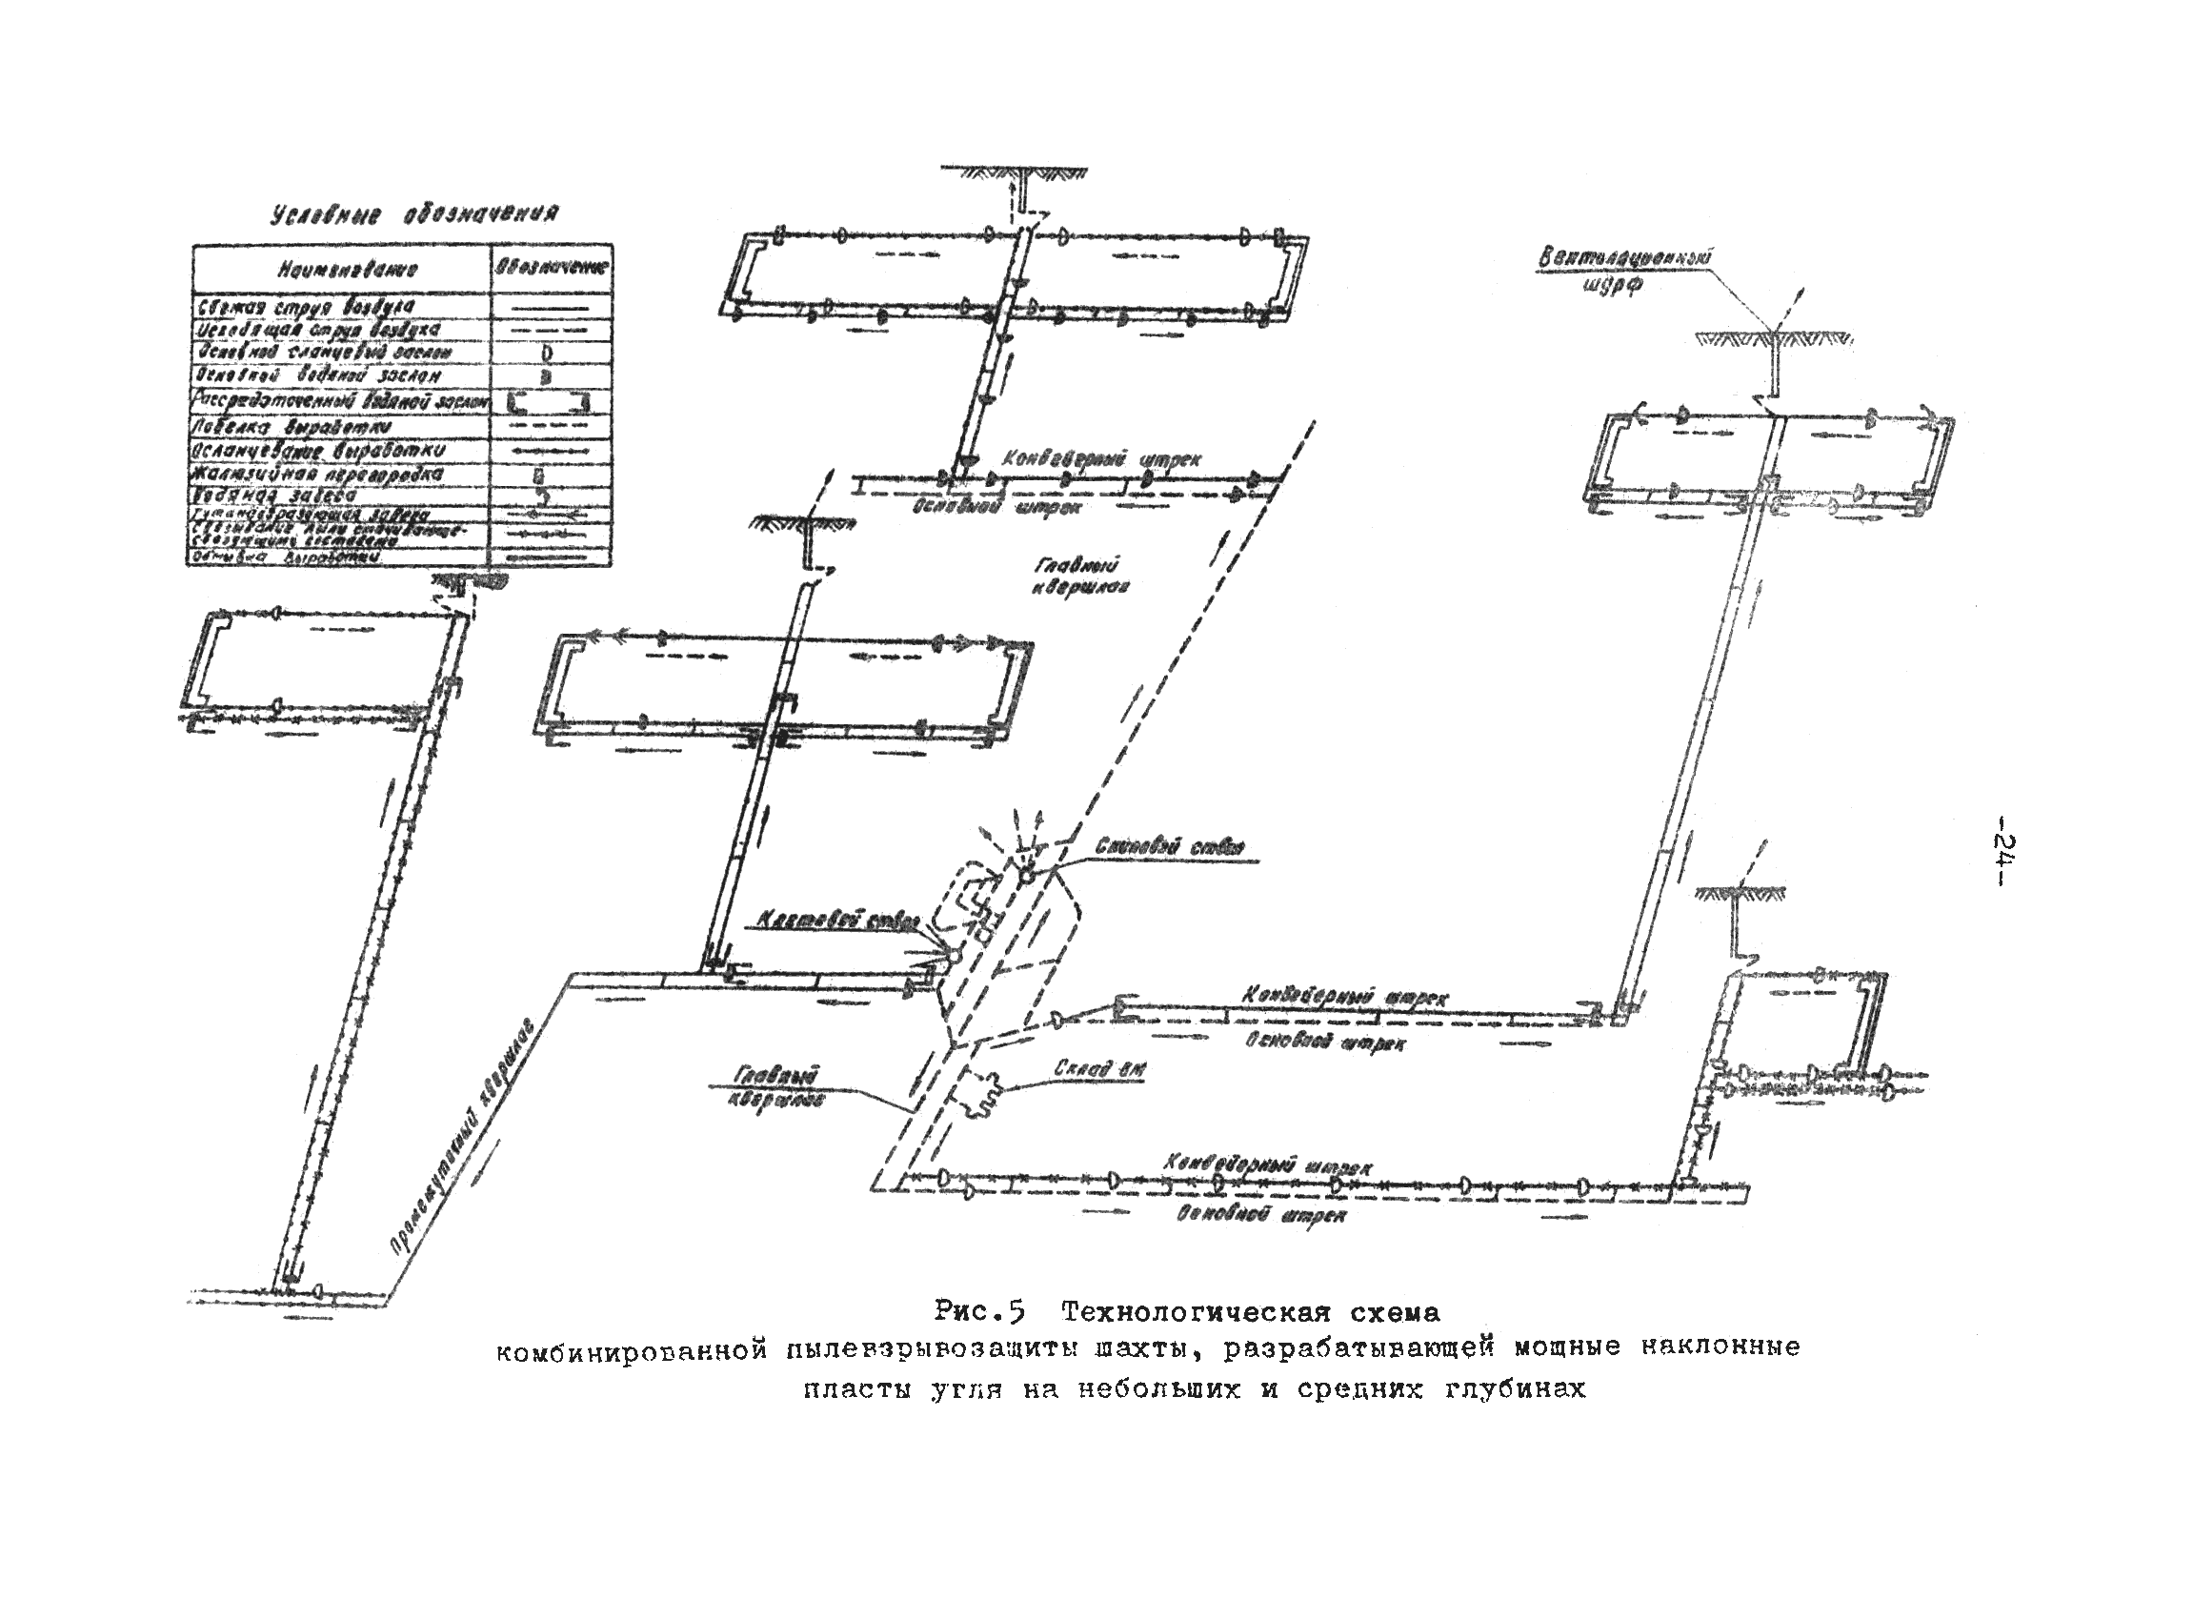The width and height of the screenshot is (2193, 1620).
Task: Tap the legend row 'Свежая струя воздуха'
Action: click(303, 307)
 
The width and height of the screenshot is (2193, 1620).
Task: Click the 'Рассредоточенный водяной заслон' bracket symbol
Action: click(548, 402)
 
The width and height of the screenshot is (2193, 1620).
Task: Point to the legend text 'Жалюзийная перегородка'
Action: click(317, 475)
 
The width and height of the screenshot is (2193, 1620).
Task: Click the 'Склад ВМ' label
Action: click(1099, 1068)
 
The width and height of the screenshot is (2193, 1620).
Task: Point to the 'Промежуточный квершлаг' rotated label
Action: click(460, 1138)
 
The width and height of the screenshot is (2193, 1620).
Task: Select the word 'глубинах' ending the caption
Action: click(1515, 1389)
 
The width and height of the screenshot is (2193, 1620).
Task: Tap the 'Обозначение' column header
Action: click(551, 267)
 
